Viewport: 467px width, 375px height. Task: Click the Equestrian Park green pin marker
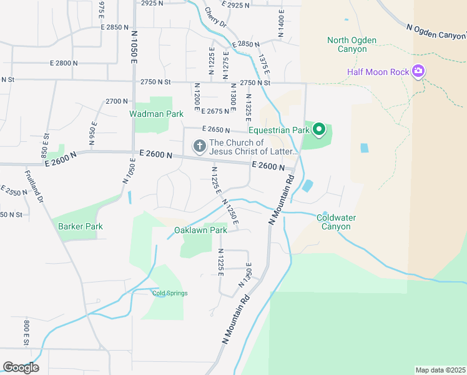click(x=319, y=130)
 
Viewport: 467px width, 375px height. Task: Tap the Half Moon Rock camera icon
click(x=418, y=71)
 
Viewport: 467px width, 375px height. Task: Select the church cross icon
click(x=199, y=147)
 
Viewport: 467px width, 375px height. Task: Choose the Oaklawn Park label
click(x=200, y=230)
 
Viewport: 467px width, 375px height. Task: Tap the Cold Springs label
click(x=170, y=293)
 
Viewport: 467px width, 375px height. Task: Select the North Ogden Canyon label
click(x=351, y=44)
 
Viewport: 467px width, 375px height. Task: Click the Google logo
click(x=21, y=367)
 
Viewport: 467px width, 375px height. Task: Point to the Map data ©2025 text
click(x=440, y=370)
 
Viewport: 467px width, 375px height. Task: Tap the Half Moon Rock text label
click(x=378, y=72)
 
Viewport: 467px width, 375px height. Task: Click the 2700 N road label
click(x=117, y=101)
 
